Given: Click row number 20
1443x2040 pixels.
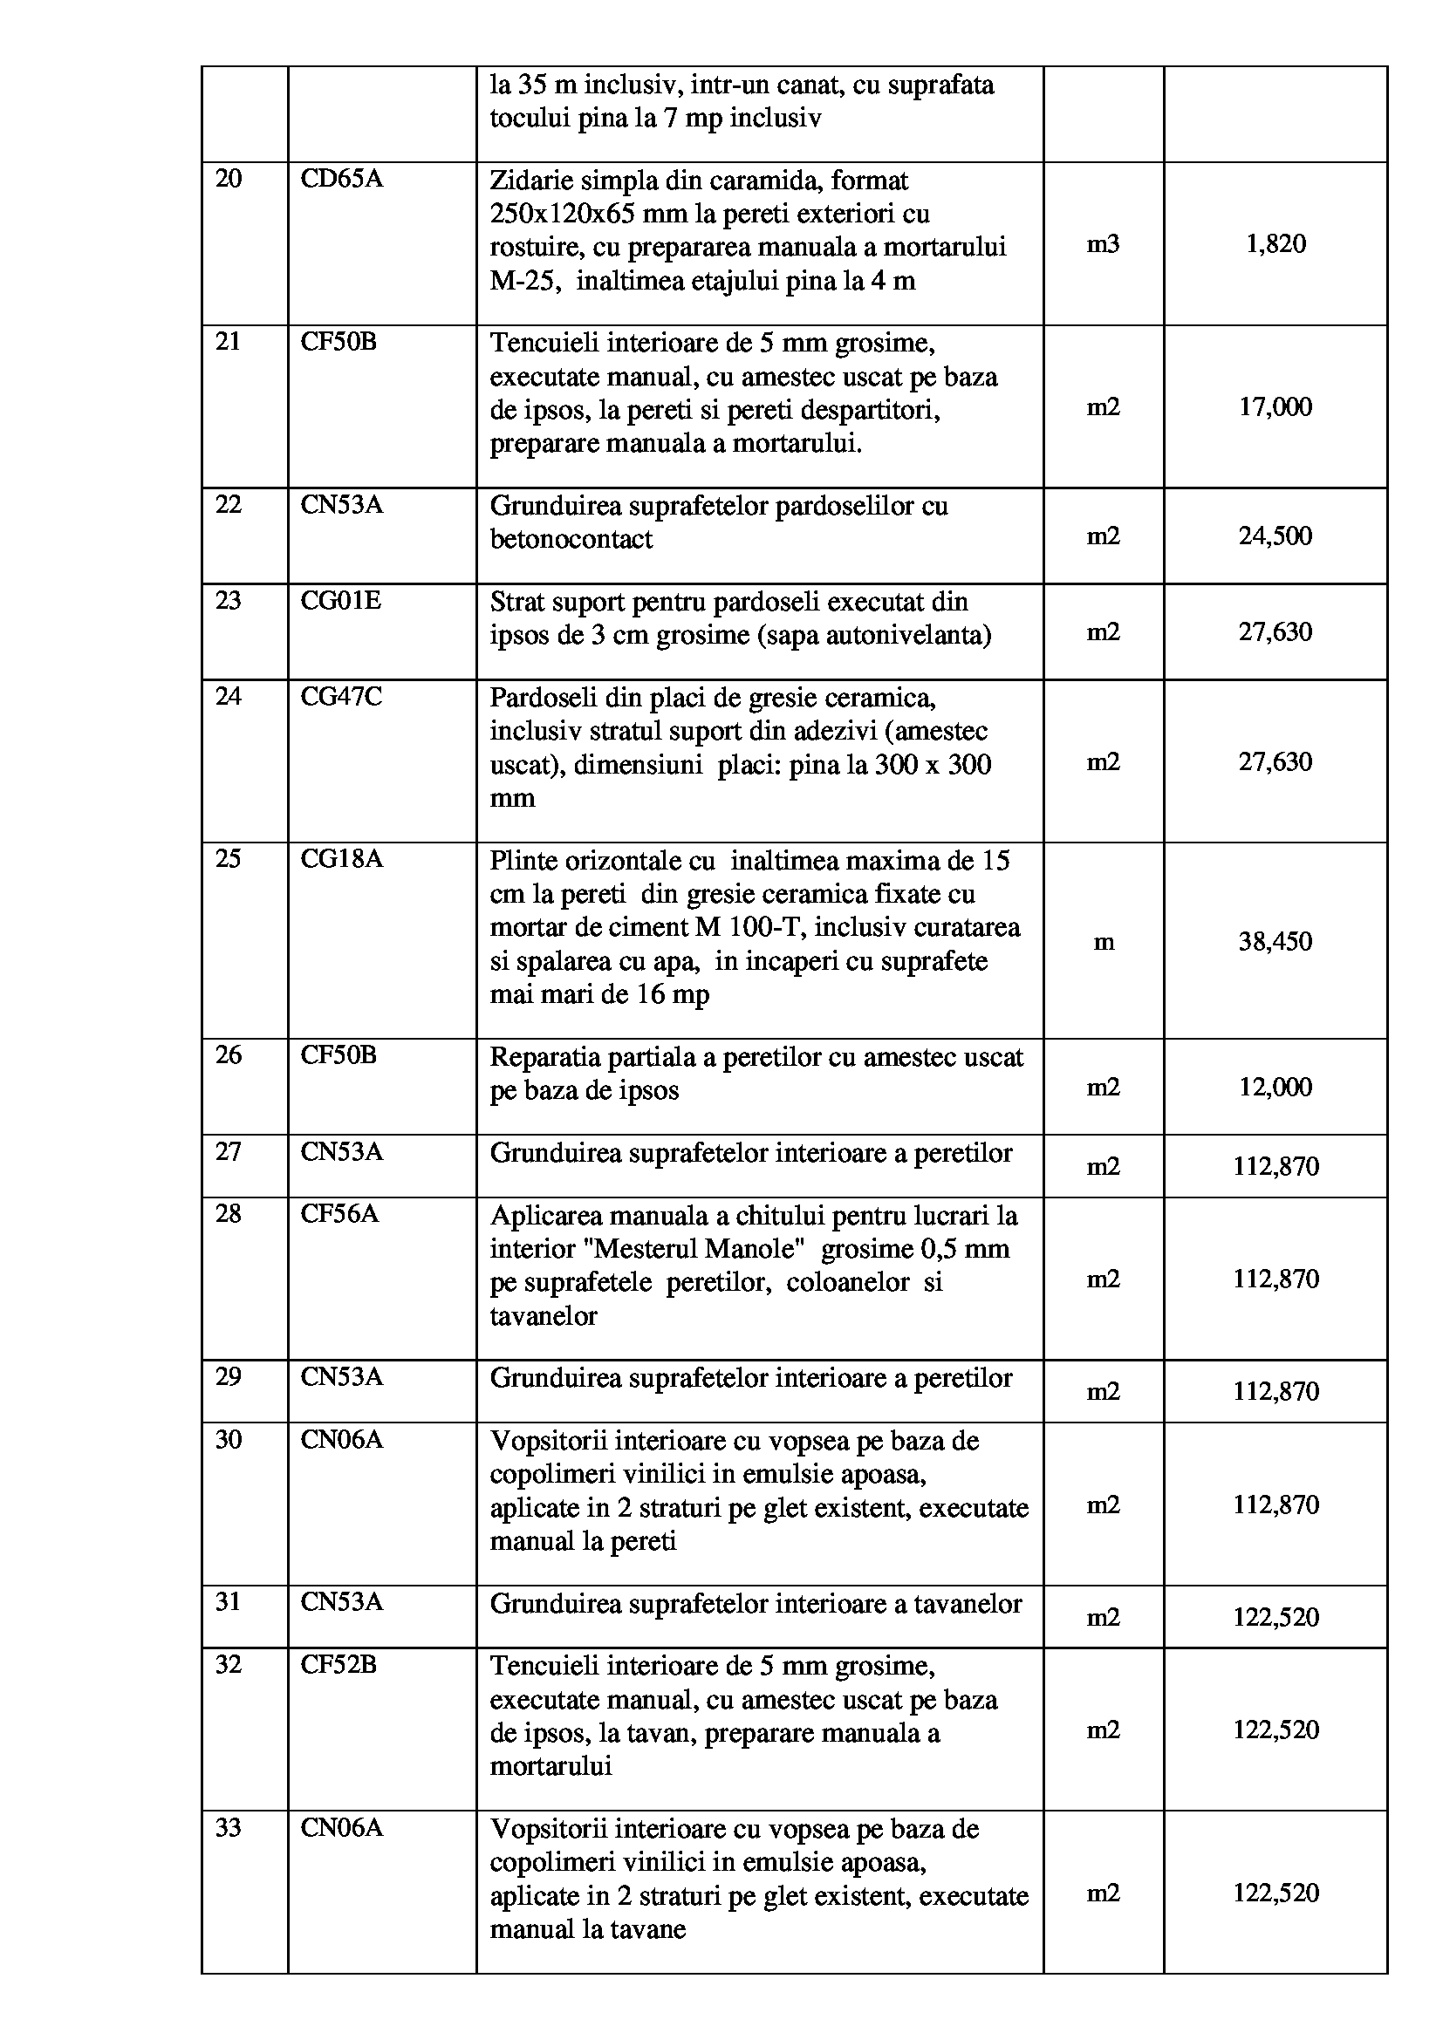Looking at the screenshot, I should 229,180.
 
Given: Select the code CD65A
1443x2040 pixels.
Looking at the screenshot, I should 341,180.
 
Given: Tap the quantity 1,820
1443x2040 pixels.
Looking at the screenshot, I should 1275,244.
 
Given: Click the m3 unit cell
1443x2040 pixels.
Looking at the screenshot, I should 1103,244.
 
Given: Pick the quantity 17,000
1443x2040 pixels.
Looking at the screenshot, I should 1275,407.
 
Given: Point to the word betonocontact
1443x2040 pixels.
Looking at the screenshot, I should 571,539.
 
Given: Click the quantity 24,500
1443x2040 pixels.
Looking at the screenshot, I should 1275,536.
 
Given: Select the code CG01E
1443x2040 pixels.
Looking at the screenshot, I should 340,601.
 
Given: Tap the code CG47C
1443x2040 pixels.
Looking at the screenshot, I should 341,697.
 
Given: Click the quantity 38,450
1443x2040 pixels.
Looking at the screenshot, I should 1275,941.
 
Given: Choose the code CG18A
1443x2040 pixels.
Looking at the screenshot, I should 341,859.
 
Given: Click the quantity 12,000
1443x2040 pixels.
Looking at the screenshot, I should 1275,1087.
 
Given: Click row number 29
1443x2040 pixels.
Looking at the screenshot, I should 229,1376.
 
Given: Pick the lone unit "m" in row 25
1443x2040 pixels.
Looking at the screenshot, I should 1103,942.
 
